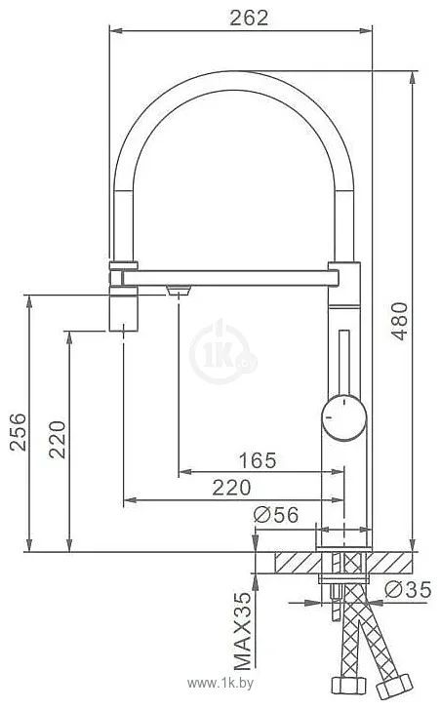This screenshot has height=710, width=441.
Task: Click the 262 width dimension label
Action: pos(249,18)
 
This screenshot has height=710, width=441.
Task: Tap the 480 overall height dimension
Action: pos(400,321)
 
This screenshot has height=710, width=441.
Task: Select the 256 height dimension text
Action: pos(19,431)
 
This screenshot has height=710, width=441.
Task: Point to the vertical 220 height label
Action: pos(58,439)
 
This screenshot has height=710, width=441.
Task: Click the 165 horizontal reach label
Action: pos(258,460)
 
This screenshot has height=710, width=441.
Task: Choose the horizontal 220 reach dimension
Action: pos(231,488)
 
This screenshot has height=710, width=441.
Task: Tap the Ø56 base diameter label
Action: pos(276,515)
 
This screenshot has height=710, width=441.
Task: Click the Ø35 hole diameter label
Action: pos(408,589)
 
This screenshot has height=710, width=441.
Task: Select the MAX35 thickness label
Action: pos(242,631)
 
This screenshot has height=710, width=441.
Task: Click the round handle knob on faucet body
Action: pos(344,417)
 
